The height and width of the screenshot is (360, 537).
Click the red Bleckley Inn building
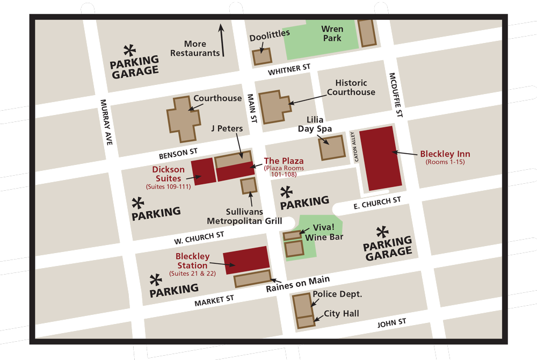[x=380, y=158]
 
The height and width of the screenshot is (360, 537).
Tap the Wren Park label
[x=332, y=33]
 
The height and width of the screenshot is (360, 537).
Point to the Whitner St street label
[x=289, y=69]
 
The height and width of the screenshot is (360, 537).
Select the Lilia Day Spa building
[x=332, y=147]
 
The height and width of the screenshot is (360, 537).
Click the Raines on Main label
[x=297, y=284]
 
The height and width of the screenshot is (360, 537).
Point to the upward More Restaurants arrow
[x=221, y=40]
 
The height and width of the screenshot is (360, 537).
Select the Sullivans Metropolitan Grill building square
[x=249, y=186]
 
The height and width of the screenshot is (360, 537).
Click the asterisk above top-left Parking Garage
[x=129, y=51]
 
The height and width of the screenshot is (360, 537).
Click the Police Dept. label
[x=337, y=294]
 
